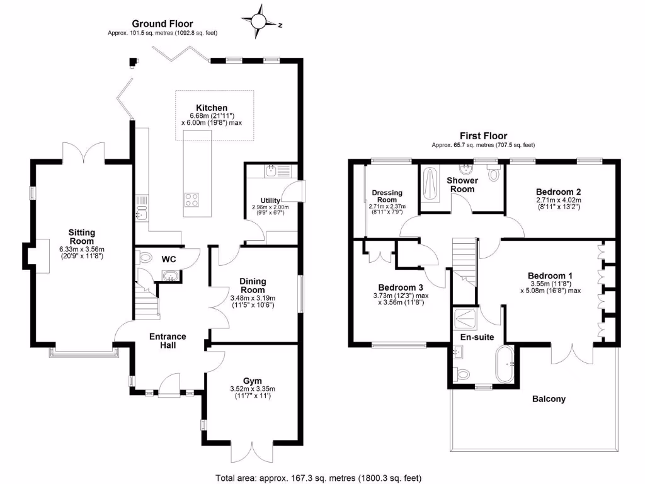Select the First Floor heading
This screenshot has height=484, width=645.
click(x=483, y=135)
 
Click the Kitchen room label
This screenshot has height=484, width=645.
click(x=212, y=108)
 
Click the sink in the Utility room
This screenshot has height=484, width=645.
click(x=271, y=170)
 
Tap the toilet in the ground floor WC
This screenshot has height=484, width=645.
click(x=145, y=257)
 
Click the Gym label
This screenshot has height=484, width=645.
click(x=253, y=381)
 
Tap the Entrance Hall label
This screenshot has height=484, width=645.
click(x=168, y=340)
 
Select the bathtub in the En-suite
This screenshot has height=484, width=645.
click(x=506, y=364)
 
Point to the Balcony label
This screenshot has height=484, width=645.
click(x=549, y=399)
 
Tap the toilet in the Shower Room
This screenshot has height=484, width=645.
click(x=493, y=173)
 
